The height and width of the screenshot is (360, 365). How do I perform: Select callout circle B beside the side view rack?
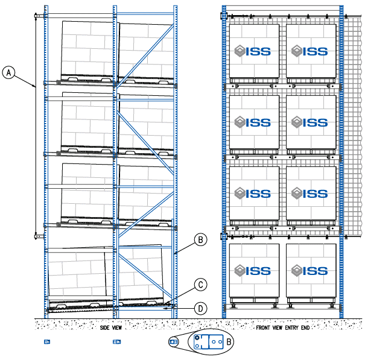pos(200,239)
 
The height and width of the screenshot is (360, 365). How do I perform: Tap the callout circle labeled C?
pos(200,284)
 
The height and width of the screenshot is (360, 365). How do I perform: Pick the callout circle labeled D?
pos(200,308)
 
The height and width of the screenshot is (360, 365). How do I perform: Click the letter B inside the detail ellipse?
pos(229,342)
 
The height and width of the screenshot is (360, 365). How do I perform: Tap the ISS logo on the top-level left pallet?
pos(253,52)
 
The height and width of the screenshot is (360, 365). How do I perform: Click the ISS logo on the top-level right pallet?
pos(309,52)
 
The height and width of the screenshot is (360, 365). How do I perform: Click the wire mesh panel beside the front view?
pos(353,121)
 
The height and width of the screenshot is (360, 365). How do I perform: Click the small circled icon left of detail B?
pos(174,342)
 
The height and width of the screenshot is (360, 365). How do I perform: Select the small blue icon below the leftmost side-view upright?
pos(46,342)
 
